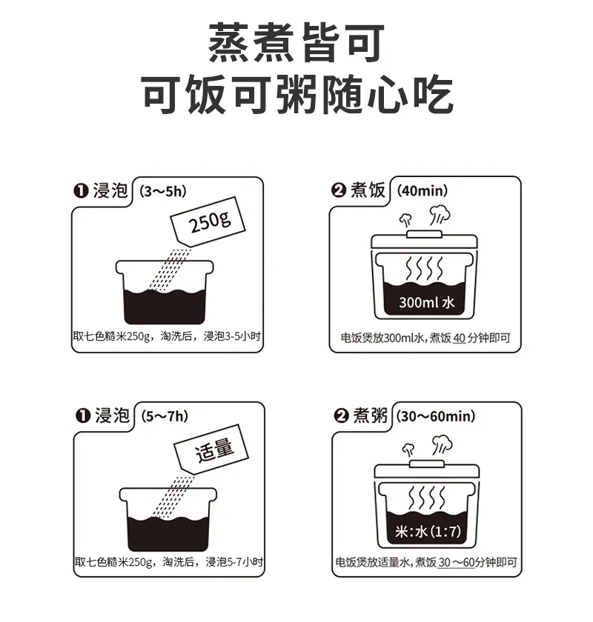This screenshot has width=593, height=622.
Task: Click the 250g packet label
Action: tap(209, 223)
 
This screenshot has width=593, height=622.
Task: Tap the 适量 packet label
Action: tap(214, 450)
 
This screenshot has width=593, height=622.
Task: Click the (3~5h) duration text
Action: tap(163, 192)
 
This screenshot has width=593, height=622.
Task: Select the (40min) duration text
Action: tap(423, 191)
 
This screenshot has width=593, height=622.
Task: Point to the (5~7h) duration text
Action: tap(165, 416)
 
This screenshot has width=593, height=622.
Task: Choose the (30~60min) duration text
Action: tap(436, 416)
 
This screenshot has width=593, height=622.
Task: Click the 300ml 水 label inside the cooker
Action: tap(426, 303)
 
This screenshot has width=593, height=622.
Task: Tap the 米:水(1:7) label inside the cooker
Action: tap(428, 531)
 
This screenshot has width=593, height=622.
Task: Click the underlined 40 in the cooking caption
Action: tap(459, 338)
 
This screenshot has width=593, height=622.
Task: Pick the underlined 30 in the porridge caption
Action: tap(445, 562)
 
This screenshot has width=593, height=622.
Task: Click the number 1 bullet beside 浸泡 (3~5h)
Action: tap(81, 191)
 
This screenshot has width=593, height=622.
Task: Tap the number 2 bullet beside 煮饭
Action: tap(338, 190)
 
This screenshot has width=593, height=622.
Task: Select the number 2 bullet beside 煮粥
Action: tap(341, 416)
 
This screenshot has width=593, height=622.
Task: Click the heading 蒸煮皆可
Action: tap(296, 42)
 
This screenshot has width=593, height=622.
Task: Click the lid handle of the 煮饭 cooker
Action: tap(424, 234)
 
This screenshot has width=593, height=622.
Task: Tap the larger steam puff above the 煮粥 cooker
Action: tap(442, 444)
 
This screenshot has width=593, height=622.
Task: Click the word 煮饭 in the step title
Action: tap(368, 190)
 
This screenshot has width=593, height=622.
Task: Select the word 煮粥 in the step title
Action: tap(370, 415)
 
